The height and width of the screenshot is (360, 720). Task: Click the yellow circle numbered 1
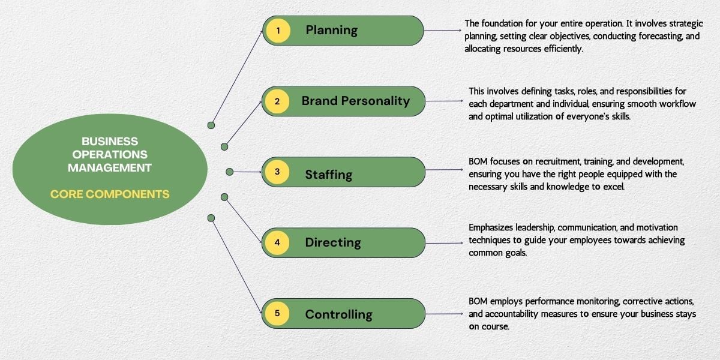click(278, 31)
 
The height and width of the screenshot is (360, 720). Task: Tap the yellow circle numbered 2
click(277, 101)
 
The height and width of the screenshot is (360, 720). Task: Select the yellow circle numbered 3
click(277, 172)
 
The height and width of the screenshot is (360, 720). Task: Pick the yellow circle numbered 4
click(277, 243)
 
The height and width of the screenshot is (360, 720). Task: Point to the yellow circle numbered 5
click(277, 313)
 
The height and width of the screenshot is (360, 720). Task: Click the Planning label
click(331, 30)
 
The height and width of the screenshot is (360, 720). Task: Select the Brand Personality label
click(356, 101)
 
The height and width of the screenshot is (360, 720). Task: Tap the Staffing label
click(328, 175)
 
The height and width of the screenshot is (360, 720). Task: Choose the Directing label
click(333, 243)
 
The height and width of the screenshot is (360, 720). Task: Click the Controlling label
click(338, 314)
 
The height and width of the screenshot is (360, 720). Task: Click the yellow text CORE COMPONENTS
click(110, 194)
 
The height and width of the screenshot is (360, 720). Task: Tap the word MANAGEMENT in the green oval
click(110, 168)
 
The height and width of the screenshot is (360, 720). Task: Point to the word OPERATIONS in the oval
click(110, 155)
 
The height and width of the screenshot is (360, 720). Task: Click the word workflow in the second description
click(675, 104)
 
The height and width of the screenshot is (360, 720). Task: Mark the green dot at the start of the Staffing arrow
click(229, 172)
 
